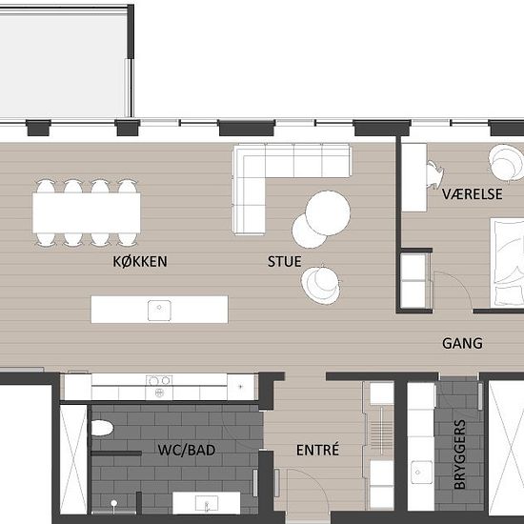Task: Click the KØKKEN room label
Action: click(140, 261)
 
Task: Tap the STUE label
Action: click(285, 261)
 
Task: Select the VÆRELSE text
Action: click(473, 194)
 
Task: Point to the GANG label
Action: click(462, 343)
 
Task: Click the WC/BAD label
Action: click(187, 450)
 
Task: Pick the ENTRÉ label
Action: click(317, 450)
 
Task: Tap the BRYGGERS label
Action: click(460, 454)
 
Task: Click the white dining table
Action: click(87, 212)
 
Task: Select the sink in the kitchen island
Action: click(159, 311)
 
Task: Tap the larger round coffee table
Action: click(328, 212)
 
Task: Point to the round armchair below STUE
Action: click(320, 285)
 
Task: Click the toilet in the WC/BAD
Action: click(102, 428)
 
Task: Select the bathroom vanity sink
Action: click(207, 503)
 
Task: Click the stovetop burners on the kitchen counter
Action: click(159, 386)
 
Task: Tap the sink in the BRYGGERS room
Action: click(422, 472)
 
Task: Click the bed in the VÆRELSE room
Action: click(507, 263)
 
